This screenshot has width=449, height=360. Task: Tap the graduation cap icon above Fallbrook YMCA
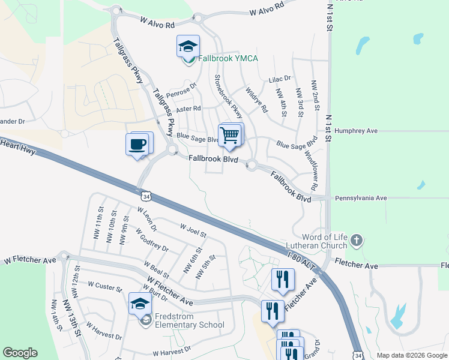(x=188, y=46)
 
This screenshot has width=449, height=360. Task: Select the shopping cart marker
(x=229, y=135)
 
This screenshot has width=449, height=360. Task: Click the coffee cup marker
(x=137, y=145)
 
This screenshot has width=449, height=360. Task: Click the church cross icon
(x=356, y=241)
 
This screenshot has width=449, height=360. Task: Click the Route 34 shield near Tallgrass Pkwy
(x=146, y=196)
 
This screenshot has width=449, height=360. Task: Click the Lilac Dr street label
(x=279, y=79)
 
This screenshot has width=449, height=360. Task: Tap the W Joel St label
(x=193, y=230)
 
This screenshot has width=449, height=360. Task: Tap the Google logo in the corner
(x=20, y=353)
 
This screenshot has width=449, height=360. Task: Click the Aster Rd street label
(x=188, y=109)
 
